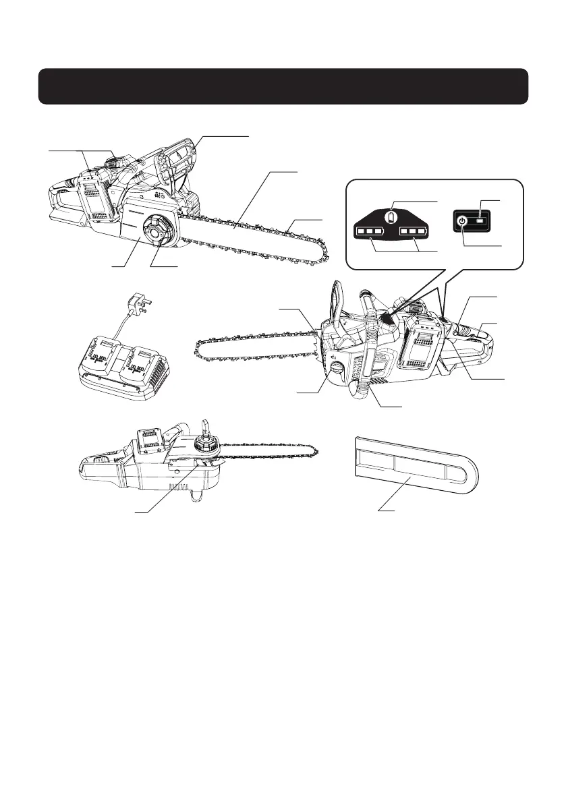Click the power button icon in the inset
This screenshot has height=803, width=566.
click(x=461, y=220)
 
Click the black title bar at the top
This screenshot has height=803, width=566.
click(x=283, y=86)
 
